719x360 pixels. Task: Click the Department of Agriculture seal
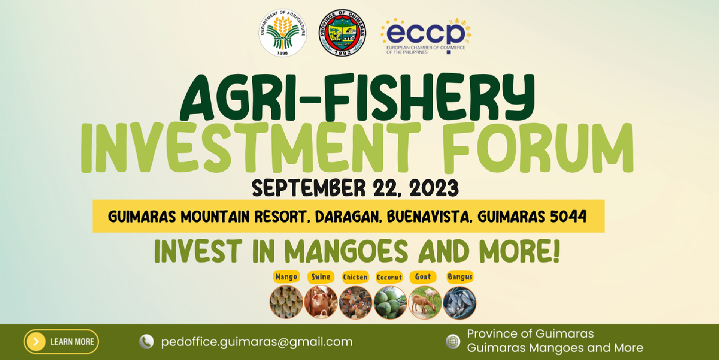(283, 33)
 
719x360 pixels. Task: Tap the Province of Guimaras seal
(342, 33)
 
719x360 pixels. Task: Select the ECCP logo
(426, 36)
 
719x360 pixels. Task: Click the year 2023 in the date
(434, 188)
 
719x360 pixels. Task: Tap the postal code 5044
(568, 217)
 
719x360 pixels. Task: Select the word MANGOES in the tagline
(346, 251)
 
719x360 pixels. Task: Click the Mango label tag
(286, 277)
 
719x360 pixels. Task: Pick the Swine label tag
(321, 277)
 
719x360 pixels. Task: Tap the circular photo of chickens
(355, 303)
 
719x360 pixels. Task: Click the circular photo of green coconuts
(390, 303)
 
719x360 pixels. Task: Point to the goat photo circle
(425, 303)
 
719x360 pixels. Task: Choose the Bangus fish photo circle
(459, 303)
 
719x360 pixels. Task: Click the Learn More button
(61, 342)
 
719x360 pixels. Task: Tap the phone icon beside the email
(146, 342)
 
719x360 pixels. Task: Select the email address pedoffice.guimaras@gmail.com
(257, 342)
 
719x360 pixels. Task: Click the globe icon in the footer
(453, 342)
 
